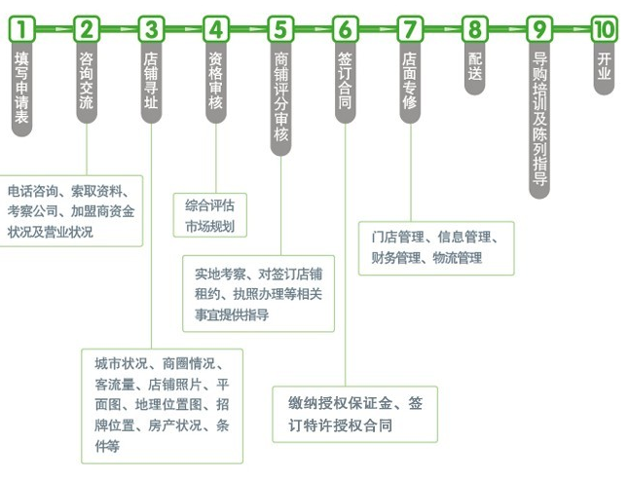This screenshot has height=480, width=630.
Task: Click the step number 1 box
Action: pos(21,29)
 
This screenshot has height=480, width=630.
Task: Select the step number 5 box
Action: pos(280,29)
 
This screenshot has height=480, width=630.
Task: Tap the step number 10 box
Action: pos(604,29)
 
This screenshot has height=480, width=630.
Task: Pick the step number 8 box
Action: pos(474,29)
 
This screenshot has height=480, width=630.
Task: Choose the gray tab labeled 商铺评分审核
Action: pos(280,97)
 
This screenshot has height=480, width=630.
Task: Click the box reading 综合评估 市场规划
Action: pos(209,216)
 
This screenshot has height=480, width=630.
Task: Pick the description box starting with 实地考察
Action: pos(258,293)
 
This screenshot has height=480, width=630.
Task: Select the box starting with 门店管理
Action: pos(435,247)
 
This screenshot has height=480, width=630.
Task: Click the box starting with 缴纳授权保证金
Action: pos(354,414)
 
